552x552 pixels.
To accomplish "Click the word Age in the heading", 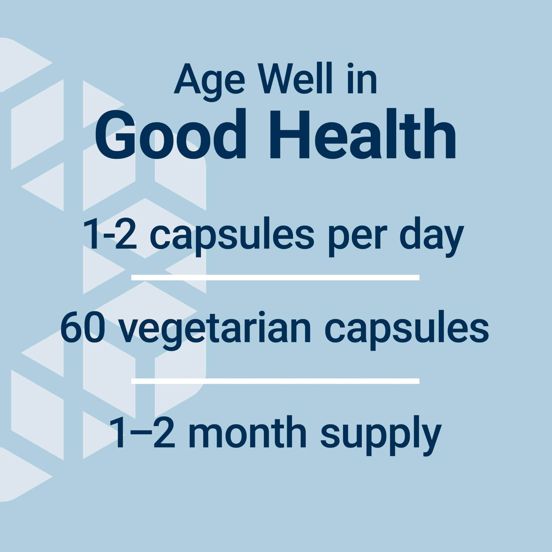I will coord(209,81).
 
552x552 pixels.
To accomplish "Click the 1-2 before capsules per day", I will coord(110,235).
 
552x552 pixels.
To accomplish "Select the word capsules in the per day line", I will coord(232,236).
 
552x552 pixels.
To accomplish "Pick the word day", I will coord(431,236).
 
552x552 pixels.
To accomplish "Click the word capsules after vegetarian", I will coord(406,330).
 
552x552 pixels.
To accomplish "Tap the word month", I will coord(248,433).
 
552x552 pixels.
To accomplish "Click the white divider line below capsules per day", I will coord(275,277).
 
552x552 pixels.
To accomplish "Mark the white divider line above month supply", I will coord(275,381).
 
